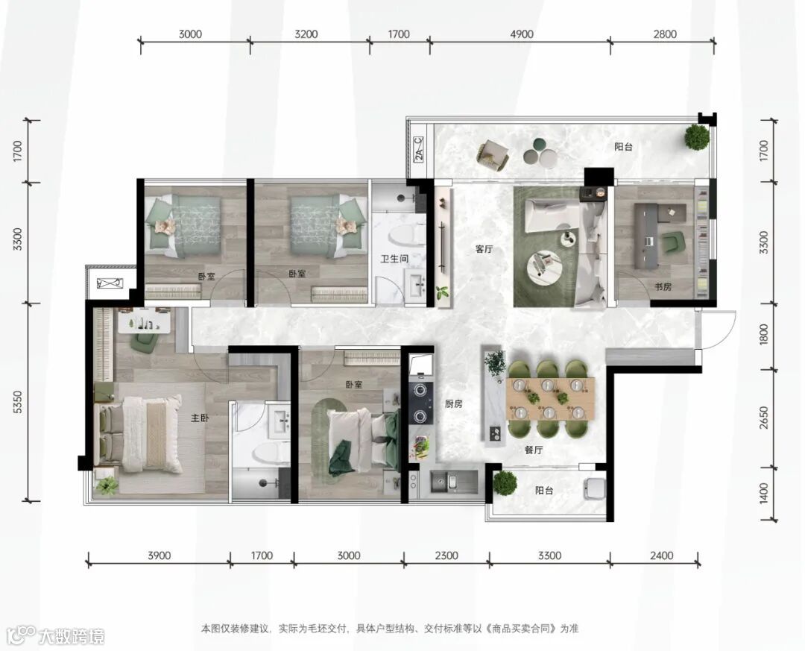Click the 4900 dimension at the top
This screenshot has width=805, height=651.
[521, 34]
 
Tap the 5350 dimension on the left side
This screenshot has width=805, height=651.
[17, 403]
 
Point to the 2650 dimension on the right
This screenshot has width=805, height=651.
[765, 418]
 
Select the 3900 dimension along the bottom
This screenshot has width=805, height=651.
[160, 556]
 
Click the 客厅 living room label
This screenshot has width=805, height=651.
[484, 249]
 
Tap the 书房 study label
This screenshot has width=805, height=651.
[663, 286]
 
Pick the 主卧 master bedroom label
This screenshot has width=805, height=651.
[200, 418]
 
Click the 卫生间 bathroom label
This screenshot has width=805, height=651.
[394, 259]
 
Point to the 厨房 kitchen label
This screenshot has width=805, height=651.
[454, 404]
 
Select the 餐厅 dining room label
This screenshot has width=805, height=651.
[534, 450]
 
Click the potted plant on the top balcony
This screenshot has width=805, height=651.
[697, 136]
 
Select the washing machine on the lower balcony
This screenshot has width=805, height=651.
[595, 488]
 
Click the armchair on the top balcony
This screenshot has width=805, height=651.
[493, 155]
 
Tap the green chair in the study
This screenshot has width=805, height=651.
[673, 242]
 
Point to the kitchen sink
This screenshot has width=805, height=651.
[448, 482]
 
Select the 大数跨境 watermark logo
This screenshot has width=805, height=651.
[53, 637]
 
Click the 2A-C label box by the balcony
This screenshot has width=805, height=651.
[418, 149]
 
